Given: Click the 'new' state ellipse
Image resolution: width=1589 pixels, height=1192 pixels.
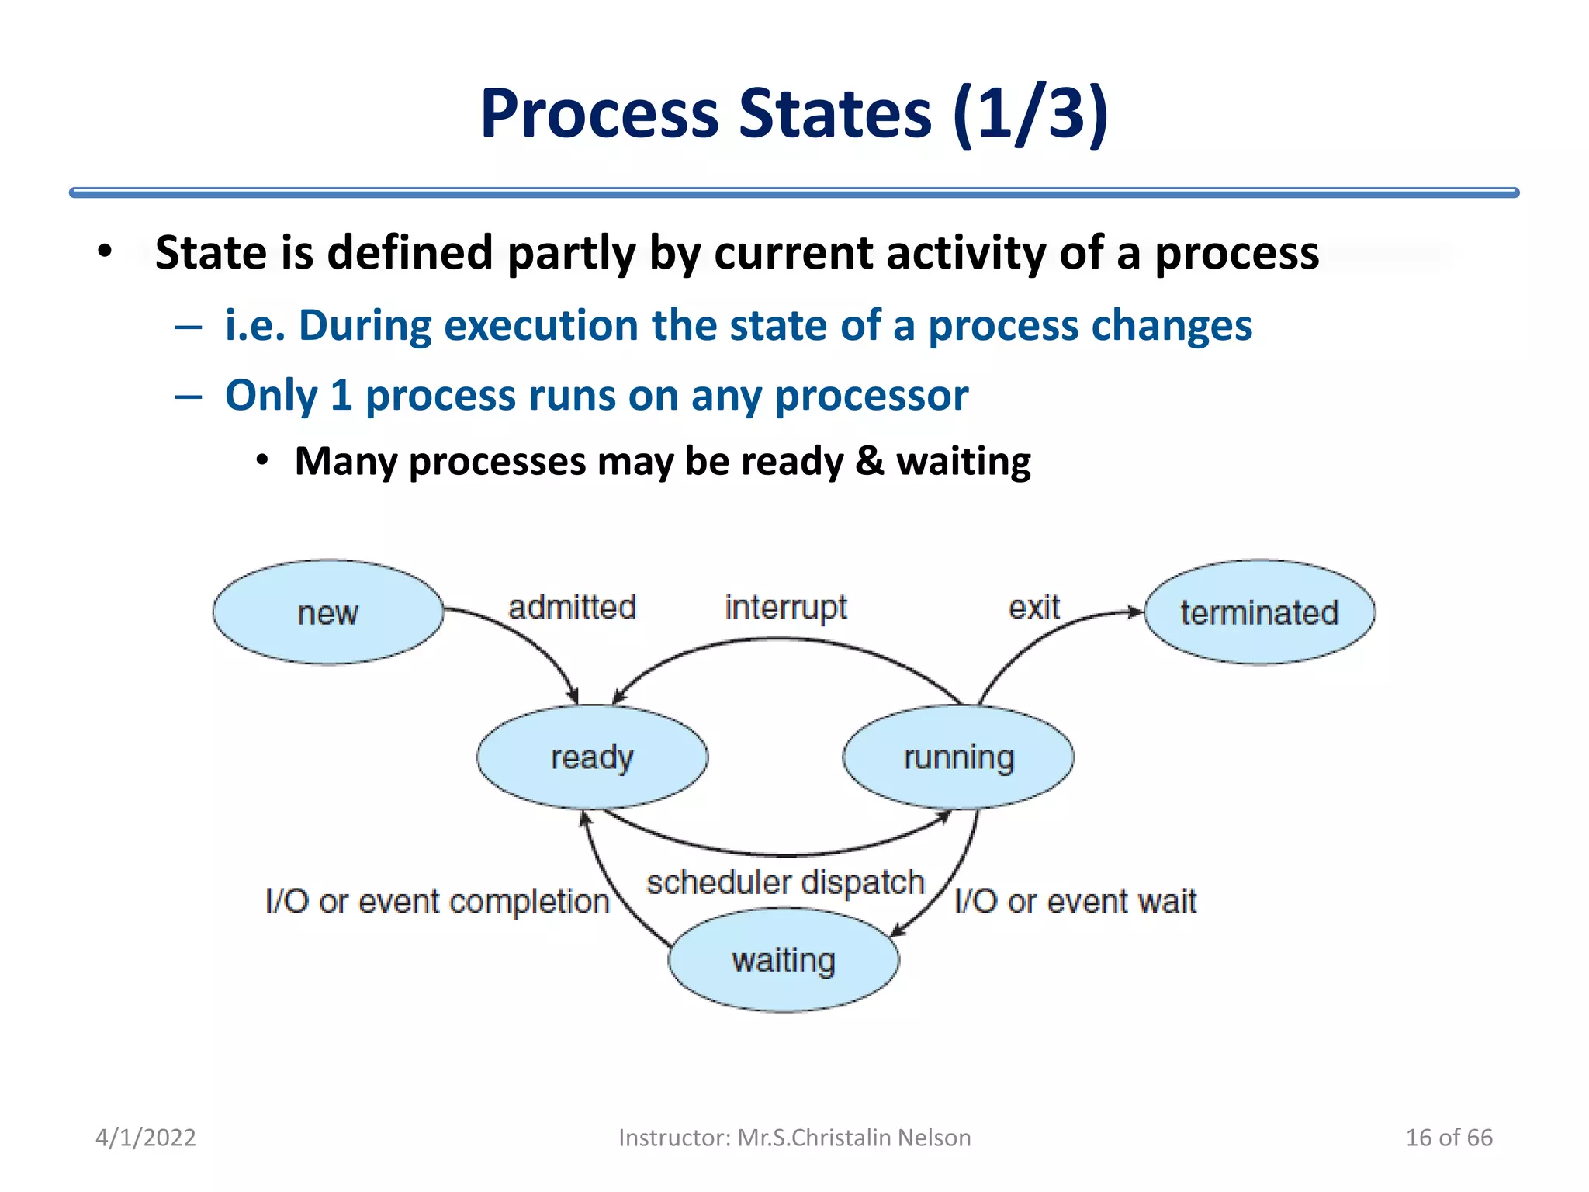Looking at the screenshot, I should coord(327,612).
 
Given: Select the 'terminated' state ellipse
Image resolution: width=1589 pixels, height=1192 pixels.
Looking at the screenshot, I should coord(1259,612).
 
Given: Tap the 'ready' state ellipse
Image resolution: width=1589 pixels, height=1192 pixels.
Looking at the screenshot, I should coord(592,757).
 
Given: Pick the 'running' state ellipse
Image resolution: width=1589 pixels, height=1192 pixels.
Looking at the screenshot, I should coord(958,757).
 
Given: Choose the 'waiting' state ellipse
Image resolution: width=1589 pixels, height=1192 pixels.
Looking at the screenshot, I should coord(784,961).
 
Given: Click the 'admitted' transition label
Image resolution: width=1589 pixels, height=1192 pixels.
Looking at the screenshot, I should coord(572,607).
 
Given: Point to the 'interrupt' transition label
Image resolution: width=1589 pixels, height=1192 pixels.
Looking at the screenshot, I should coord(785,607).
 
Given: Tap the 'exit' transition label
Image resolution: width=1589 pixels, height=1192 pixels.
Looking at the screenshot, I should coord(1033,607).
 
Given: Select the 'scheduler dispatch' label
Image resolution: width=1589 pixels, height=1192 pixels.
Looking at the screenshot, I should coord(785,882).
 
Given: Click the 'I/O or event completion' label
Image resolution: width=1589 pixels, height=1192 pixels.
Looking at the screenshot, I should coord(437,902).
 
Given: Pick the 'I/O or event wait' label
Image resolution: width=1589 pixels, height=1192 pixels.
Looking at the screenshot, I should coord(1075,902).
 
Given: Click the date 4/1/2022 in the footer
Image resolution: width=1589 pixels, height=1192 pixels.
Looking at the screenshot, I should coord(146,1138).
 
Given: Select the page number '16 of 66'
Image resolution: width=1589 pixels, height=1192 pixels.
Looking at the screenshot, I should coord(1449,1138).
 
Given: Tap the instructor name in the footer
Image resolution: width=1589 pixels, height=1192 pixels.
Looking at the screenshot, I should coord(794,1138).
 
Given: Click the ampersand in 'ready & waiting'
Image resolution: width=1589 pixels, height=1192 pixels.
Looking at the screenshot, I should coord(869,461).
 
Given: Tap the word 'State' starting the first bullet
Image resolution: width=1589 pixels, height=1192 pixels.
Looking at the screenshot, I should coord(208,253).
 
